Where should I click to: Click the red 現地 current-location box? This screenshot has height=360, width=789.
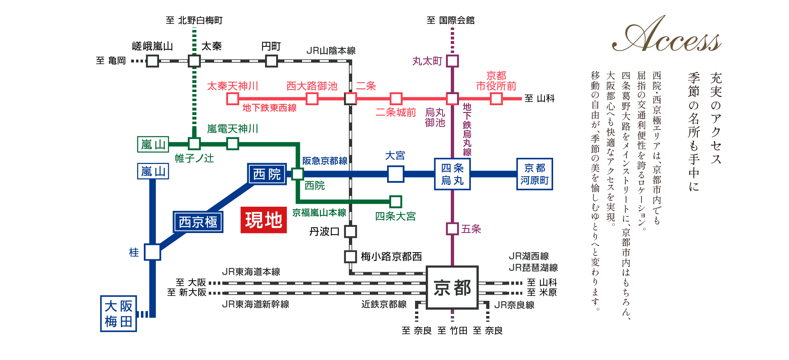click(263, 220)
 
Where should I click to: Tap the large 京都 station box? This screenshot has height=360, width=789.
click(452, 288)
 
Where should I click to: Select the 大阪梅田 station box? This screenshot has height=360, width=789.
click(118, 313)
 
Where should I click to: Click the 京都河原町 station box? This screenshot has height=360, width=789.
click(534, 174)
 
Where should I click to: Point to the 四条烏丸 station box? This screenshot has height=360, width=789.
click(452, 174)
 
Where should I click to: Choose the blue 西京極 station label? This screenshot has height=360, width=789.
click(198, 222)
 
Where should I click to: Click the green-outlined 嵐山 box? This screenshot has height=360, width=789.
click(153, 145)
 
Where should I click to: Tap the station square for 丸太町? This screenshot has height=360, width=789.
click(452, 61)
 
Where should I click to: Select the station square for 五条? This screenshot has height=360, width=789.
click(452, 229)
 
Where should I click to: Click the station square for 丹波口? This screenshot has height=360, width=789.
click(350, 231)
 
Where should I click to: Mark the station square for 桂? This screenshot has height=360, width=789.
click(152, 252)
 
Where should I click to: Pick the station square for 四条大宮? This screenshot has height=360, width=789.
click(395, 201)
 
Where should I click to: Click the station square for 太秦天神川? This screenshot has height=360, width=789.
click(233, 99)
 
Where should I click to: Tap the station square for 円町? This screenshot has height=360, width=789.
click(271, 61)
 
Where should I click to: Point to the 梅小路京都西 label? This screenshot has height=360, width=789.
click(391, 257)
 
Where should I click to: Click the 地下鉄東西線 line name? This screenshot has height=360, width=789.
click(269, 108)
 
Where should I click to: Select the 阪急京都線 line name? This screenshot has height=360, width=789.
click(325, 161)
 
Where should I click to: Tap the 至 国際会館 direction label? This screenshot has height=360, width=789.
click(450, 21)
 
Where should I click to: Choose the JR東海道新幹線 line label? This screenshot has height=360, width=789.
click(255, 305)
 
